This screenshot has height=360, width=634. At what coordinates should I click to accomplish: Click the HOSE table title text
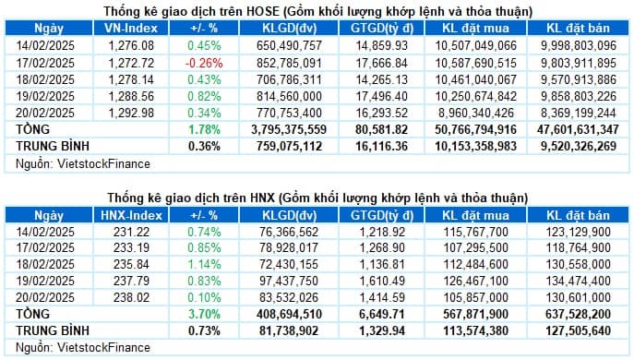[317, 11]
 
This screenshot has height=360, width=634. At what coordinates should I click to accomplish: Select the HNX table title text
[317, 198]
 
